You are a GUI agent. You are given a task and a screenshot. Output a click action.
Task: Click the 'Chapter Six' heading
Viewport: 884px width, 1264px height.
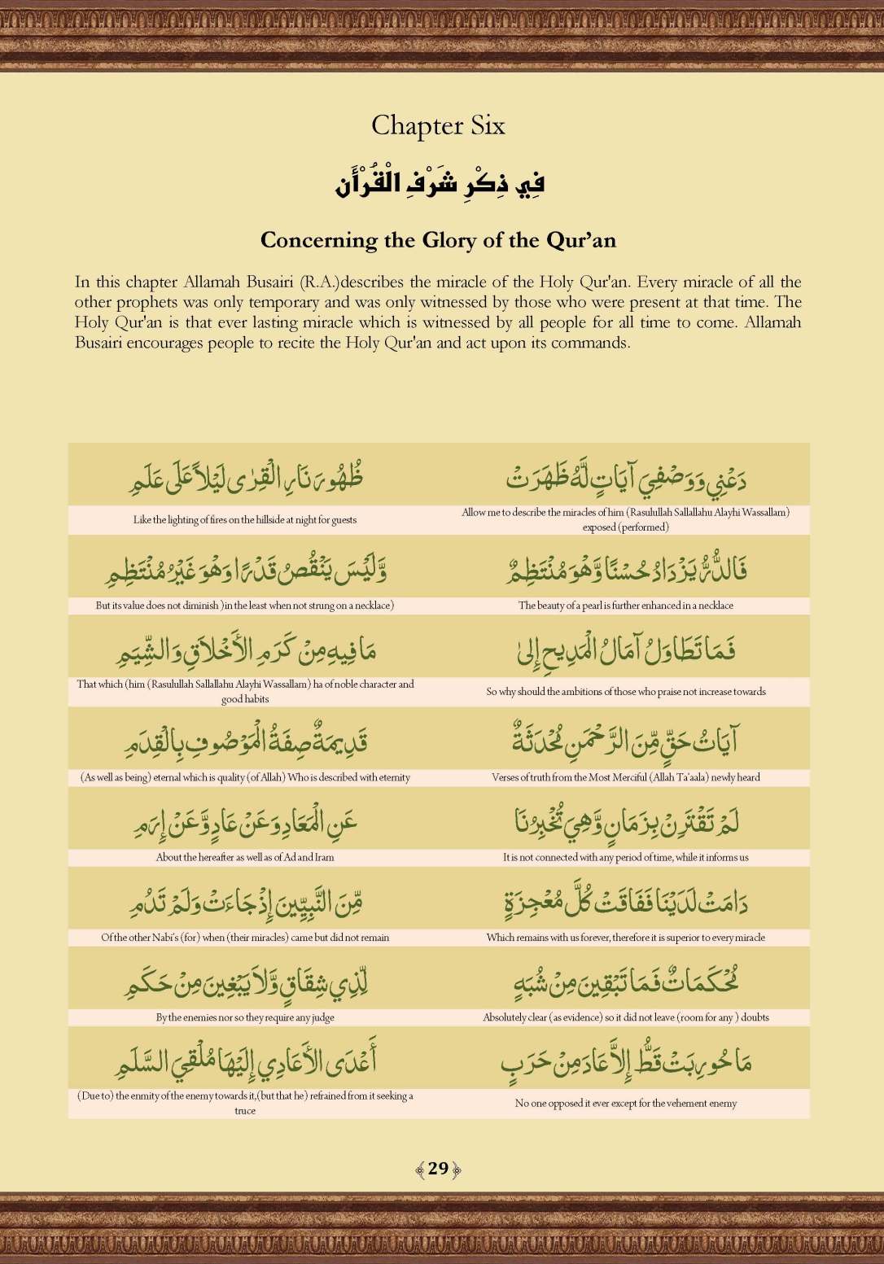click(438, 125)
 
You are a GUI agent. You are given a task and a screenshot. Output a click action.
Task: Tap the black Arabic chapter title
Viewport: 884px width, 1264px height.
click(439, 182)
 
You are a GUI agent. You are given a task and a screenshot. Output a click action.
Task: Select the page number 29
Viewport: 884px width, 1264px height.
click(438, 1169)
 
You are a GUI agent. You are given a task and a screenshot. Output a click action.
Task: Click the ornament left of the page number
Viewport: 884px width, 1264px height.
click(420, 1170)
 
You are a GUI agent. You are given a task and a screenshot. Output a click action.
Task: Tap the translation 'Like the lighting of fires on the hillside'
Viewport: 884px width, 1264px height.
click(244, 520)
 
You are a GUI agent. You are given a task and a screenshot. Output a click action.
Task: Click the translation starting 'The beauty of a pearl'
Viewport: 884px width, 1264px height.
click(625, 606)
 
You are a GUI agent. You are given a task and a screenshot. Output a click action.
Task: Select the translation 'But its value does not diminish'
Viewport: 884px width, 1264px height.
click(244, 606)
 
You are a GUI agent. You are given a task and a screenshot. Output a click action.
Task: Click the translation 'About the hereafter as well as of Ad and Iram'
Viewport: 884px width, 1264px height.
click(244, 857)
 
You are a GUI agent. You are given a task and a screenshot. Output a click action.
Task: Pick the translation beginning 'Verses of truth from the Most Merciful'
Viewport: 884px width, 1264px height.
click(625, 777)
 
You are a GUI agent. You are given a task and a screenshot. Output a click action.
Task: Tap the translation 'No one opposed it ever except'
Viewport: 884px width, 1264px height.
click(625, 1104)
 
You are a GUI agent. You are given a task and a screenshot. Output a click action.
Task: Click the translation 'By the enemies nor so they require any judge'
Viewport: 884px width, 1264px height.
click(244, 1017)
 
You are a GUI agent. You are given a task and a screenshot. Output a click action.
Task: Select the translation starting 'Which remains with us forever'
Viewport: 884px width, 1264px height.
click(625, 938)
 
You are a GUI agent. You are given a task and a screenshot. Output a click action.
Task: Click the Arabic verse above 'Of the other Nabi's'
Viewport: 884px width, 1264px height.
click(244, 902)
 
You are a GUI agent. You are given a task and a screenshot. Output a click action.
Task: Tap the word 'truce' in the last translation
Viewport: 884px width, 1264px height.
click(244, 1111)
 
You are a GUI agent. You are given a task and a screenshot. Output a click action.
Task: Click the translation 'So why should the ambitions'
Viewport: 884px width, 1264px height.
click(625, 692)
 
